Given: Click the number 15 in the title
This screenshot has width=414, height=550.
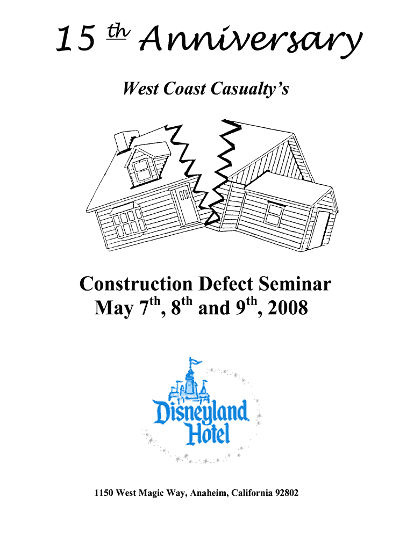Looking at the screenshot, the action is [x=75, y=39].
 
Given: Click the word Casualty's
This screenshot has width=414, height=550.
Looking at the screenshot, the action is [x=250, y=89].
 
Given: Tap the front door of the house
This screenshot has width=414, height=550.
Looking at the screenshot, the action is [x=186, y=207].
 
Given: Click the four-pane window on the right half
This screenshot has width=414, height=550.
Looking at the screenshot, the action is [x=275, y=213].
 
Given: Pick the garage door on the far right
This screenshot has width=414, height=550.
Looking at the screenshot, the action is [x=326, y=227].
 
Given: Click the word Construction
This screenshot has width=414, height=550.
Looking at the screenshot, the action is [x=136, y=284].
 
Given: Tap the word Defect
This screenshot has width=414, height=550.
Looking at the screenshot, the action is [x=225, y=284].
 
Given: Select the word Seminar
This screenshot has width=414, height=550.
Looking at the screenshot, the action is [x=295, y=284].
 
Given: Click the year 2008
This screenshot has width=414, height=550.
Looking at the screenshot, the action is [x=288, y=308].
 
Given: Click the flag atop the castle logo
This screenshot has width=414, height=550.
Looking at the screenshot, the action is [x=195, y=361].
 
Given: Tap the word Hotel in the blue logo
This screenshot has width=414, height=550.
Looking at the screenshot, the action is [x=208, y=433].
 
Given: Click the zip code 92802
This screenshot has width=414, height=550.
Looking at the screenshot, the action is [x=287, y=493].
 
